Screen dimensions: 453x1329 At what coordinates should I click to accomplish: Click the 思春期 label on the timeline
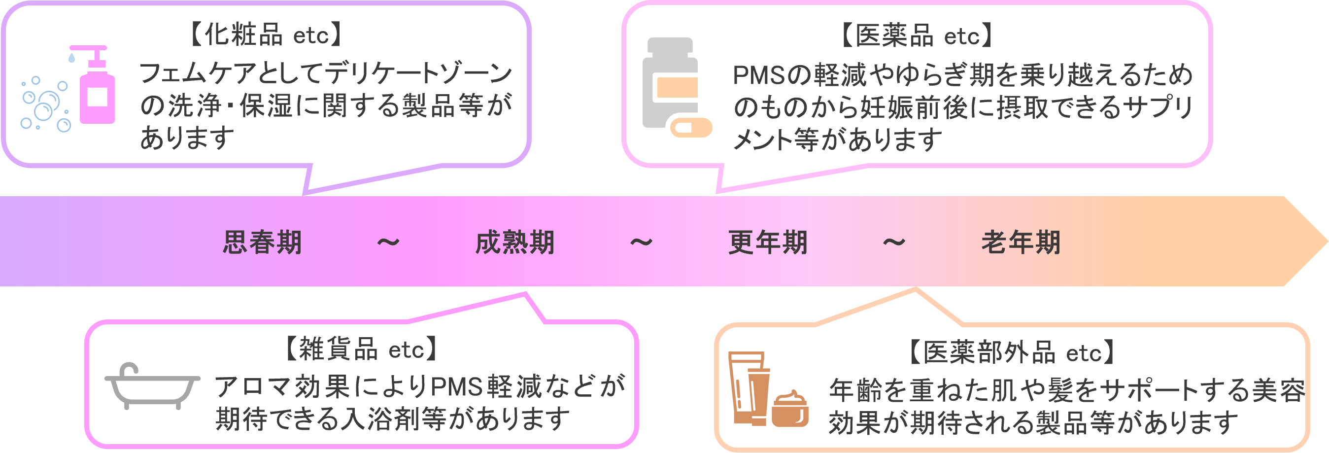tap(262, 243)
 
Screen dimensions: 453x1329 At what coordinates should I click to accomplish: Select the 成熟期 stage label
tap(514, 243)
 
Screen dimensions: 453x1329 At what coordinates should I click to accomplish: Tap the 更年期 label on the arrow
tap(767, 243)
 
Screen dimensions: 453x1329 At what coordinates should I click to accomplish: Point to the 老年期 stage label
tap(1020, 243)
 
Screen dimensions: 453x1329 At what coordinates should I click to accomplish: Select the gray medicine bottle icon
tap(670, 82)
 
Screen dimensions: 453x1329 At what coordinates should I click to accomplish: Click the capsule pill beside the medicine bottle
tap(691, 127)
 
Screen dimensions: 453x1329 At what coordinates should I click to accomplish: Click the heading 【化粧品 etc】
tap(266, 35)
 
